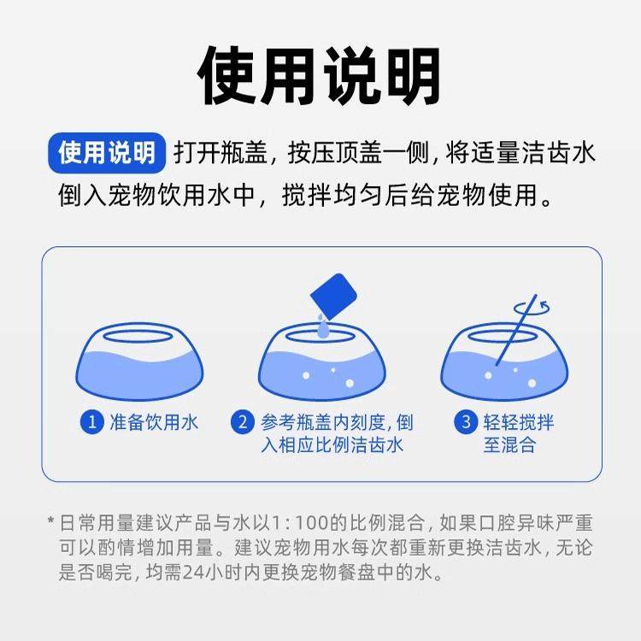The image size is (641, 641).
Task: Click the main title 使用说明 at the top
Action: pyautogui.click(x=320, y=76)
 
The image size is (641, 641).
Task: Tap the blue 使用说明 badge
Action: pyautogui.click(x=107, y=153)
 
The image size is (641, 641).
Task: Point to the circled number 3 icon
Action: pyautogui.click(x=466, y=422)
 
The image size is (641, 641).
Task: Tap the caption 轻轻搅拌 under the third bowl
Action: pyautogui.click(x=519, y=422)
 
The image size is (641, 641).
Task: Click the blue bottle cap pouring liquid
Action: pyautogui.click(x=333, y=296)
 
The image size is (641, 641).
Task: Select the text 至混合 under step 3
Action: pyautogui.click(x=509, y=445)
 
